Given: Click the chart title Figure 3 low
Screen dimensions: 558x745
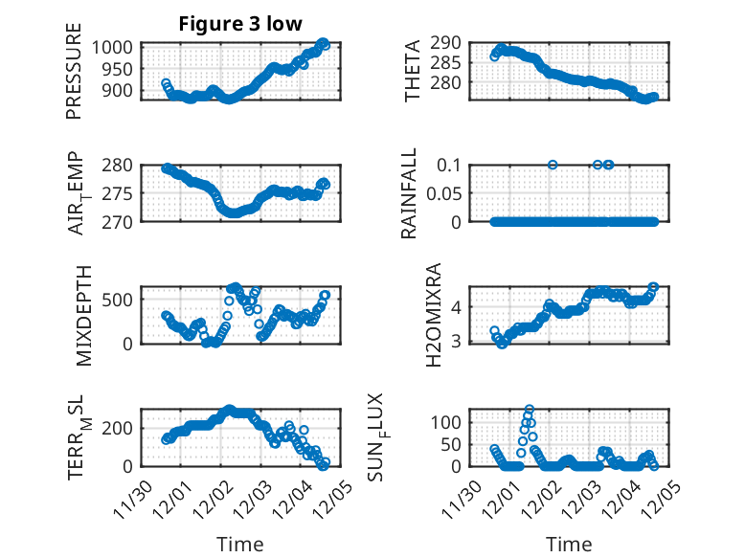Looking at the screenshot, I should (239, 24).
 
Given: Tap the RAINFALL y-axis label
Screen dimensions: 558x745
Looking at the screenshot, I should (409, 192).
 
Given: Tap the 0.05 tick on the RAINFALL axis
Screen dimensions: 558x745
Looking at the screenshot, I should (450, 193).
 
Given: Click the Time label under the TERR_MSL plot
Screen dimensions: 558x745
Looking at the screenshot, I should (240, 544).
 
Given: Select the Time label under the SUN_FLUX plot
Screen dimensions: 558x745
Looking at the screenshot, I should (569, 544).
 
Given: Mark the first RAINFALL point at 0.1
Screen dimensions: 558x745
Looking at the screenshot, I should (553, 165).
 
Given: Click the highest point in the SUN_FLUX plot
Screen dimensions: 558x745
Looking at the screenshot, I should (530, 409).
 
